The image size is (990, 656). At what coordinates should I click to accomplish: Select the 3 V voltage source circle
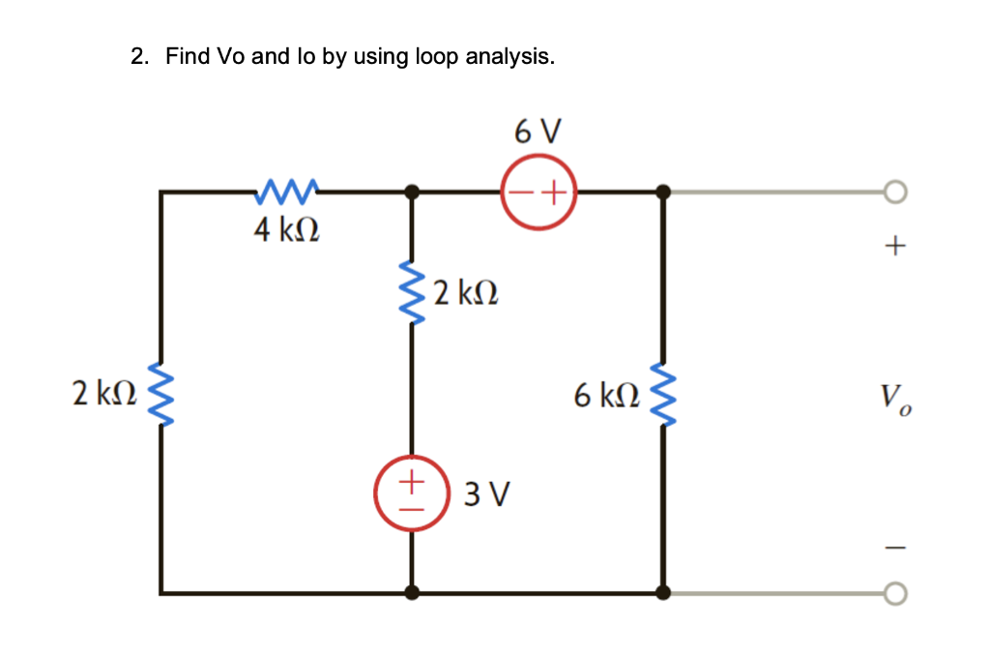413,491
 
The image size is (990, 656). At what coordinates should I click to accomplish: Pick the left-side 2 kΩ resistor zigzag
161,395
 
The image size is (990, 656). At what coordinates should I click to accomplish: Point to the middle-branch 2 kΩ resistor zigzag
413,292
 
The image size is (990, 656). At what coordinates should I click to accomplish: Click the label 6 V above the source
538,132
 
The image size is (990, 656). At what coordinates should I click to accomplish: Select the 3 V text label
486,495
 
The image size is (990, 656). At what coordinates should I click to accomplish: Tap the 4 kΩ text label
287,231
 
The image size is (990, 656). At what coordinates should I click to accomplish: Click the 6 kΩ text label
606,395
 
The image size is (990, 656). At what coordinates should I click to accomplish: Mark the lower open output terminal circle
895,593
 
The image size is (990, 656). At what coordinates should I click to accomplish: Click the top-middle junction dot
413,193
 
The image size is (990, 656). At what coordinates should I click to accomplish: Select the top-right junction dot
662,193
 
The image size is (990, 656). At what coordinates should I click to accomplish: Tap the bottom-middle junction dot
413,593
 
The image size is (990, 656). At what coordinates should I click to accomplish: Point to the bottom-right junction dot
662,593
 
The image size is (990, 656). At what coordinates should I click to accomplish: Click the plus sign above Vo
894,248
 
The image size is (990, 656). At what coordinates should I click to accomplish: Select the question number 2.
139,57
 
